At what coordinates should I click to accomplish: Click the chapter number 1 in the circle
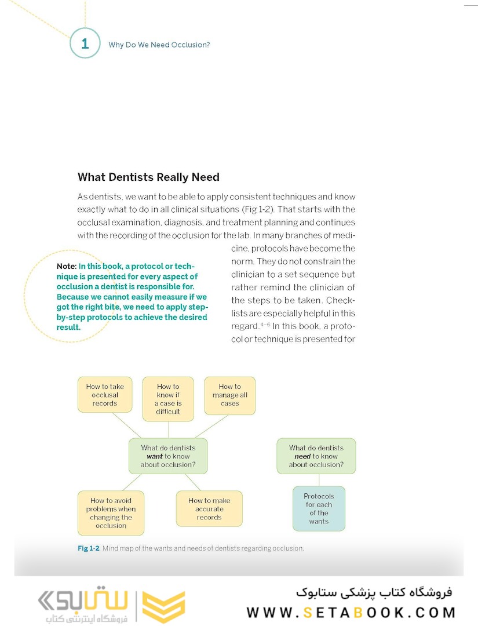tap(85, 43)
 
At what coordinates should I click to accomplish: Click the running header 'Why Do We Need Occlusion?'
tap(159, 45)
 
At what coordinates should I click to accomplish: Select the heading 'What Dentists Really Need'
tap(148, 177)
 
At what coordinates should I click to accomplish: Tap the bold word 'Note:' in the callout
tap(67, 266)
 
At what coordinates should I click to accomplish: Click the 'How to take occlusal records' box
tap(105, 395)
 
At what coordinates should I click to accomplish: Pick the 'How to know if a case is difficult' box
tap(168, 399)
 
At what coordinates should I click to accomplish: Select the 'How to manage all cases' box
tap(229, 395)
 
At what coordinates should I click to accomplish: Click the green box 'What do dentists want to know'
tap(168, 456)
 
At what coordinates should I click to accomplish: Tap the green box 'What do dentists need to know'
tap(316, 456)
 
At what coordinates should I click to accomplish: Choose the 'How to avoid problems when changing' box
tap(111, 513)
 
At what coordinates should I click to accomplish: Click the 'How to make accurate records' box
tap(209, 509)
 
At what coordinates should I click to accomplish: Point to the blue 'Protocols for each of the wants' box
tap(319, 508)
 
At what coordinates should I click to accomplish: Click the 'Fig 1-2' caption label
tap(89, 548)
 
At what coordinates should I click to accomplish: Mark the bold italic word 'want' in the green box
tap(154, 456)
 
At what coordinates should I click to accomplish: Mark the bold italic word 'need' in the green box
tap(302, 456)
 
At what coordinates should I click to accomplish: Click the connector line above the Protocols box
tap(319, 480)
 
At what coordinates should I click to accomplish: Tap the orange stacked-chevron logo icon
tap(163, 607)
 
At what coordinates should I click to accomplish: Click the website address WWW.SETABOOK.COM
tap(351, 612)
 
